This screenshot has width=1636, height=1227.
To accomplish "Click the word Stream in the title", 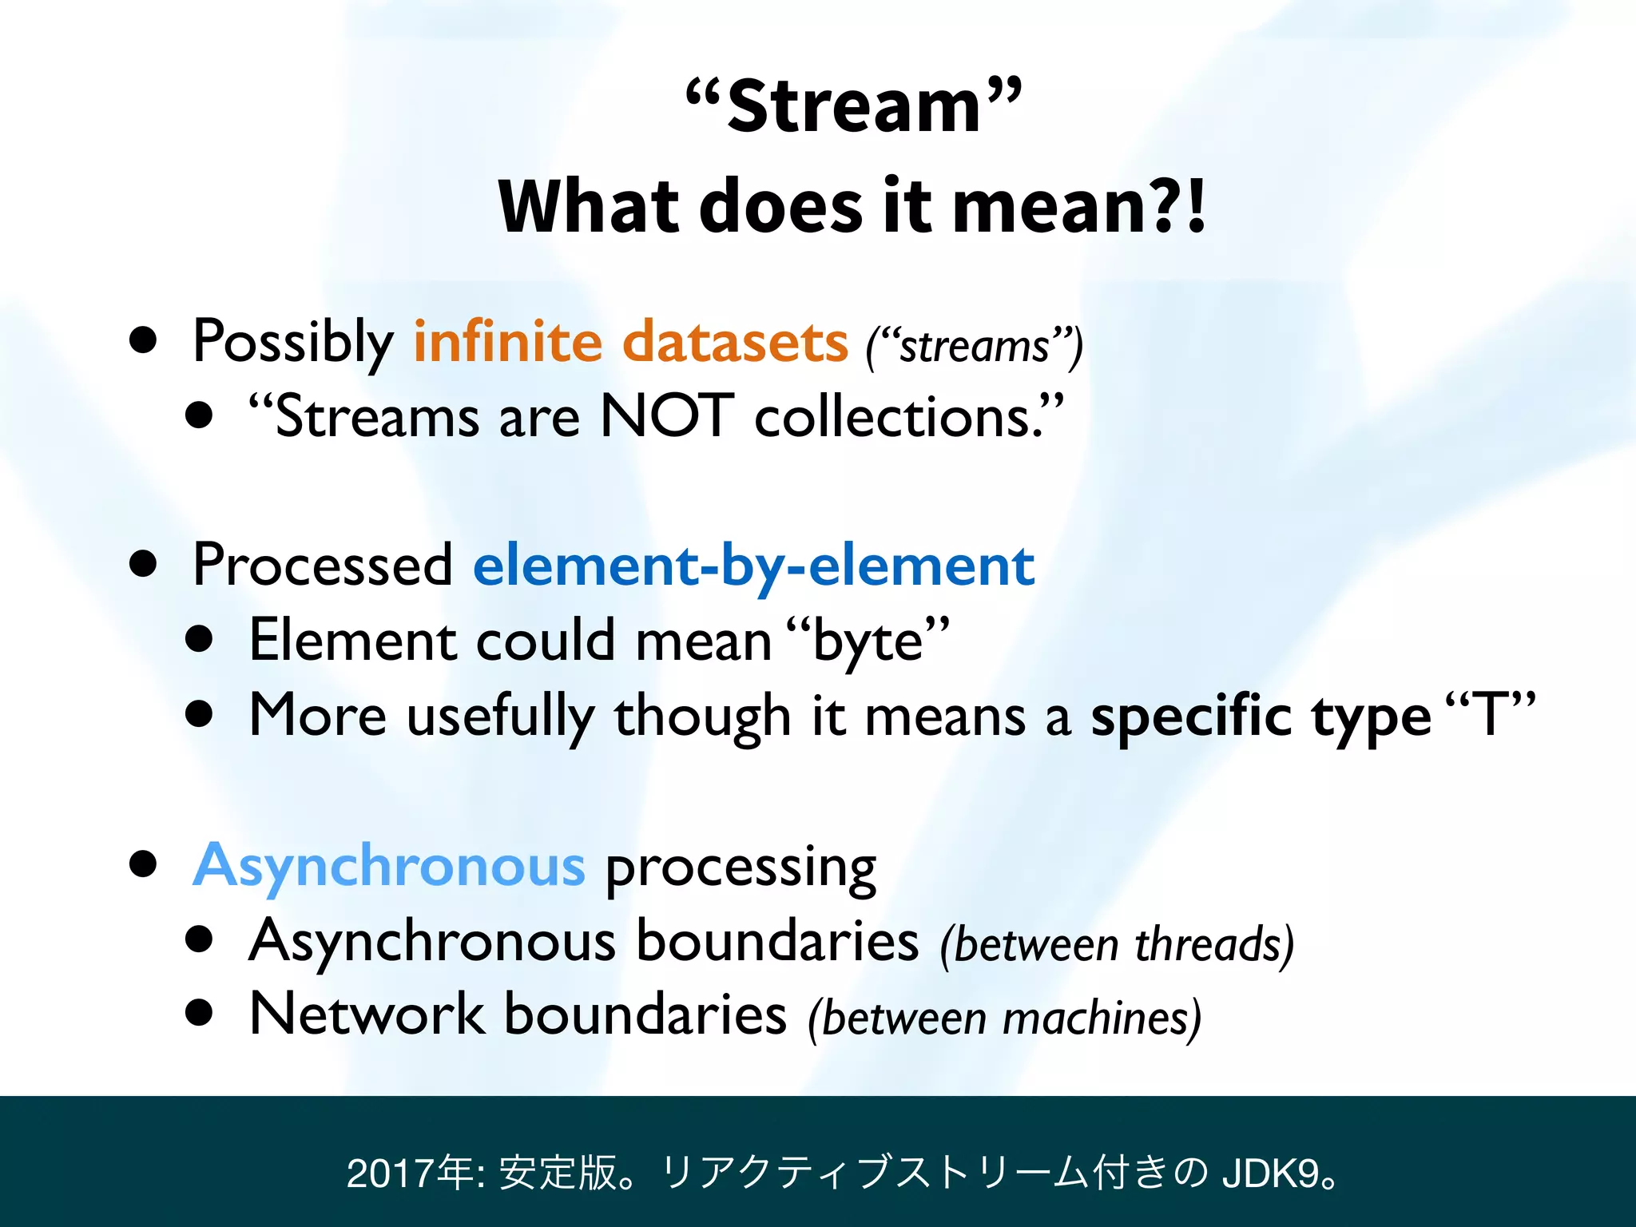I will pos(853,108).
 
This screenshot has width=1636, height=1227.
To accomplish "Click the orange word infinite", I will pos(507,342).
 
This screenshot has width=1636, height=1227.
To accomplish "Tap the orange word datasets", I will pos(734,342).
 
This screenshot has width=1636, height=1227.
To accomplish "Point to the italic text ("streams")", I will pos(975,347).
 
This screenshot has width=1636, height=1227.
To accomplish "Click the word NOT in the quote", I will pos(666,416).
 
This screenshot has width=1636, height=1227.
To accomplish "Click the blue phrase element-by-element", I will pos(753,566).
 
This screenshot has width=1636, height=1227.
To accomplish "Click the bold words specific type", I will pos(1261,717).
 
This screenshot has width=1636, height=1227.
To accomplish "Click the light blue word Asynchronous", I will pos(389,866).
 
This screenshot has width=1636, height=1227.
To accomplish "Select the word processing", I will pos(741,869).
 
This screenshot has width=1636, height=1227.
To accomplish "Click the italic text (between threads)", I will pos(1117,945).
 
